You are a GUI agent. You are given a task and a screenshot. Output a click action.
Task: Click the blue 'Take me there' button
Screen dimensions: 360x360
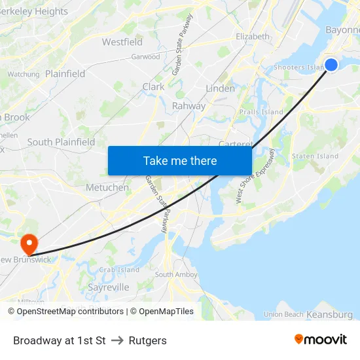pyautogui.click(x=180, y=160)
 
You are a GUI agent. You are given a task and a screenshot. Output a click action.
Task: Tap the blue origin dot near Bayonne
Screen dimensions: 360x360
pyautogui.click(x=331, y=64)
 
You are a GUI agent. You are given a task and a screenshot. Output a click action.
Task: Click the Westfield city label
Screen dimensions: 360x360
pyautogui.click(x=122, y=42)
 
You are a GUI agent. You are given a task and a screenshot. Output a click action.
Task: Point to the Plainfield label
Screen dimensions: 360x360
pyautogui.click(x=65, y=74)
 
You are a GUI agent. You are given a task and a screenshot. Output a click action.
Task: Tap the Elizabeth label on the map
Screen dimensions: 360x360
pyautogui.click(x=253, y=37)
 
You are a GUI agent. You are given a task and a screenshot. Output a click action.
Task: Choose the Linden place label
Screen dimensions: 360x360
pyautogui.click(x=220, y=88)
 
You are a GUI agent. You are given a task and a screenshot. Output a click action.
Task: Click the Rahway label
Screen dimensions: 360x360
pyautogui.click(x=189, y=106)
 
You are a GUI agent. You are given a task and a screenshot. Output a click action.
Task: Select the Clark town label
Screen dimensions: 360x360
pyautogui.click(x=153, y=86)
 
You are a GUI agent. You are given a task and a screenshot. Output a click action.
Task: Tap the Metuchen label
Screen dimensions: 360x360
pyautogui.click(x=107, y=187)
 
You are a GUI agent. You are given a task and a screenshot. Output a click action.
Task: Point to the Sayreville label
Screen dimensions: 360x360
pyautogui.click(x=108, y=287)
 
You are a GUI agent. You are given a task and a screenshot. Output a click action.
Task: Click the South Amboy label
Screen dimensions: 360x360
pyautogui.click(x=172, y=275)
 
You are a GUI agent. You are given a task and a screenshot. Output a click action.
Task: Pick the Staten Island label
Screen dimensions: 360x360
pyautogui.click(x=315, y=156)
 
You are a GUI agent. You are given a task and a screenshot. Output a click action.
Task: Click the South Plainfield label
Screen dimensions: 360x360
pyautogui.click(x=61, y=142)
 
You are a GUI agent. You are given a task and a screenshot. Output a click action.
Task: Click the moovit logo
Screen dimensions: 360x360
pyautogui.click(x=321, y=339)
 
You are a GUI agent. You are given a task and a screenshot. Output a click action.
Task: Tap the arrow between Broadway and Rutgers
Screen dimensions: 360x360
pyautogui.click(x=117, y=340)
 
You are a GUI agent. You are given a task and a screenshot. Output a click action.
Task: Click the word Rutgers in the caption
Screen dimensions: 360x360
pyautogui.click(x=148, y=340)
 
